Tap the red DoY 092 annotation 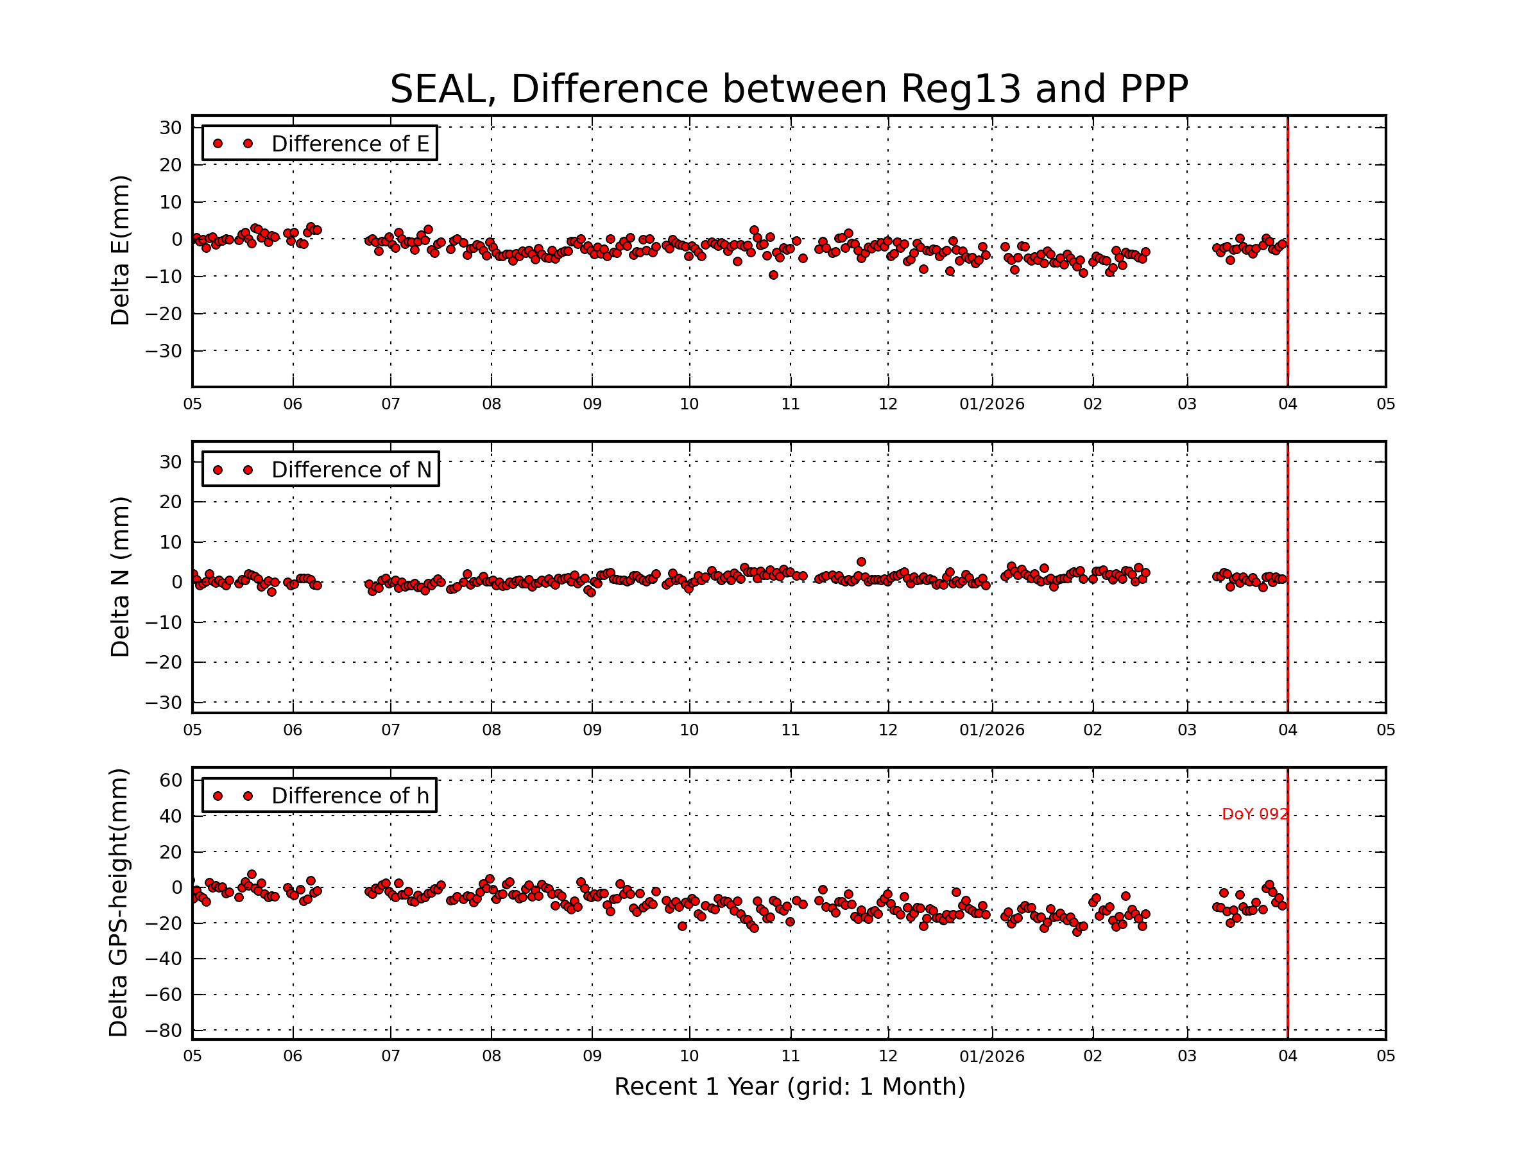coord(1254,814)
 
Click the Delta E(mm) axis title coord(121,251)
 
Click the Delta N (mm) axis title coord(121,576)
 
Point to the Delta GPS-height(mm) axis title coord(119,903)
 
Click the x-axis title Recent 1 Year coord(789,1087)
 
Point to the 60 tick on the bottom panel coord(171,780)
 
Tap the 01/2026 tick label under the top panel coord(991,404)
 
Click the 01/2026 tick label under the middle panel coord(991,730)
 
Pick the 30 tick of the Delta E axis coord(171,128)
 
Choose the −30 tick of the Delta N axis coord(164,703)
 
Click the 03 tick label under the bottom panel coord(1187,1056)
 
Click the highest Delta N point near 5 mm coord(861,562)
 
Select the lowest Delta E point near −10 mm coord(773,275)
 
